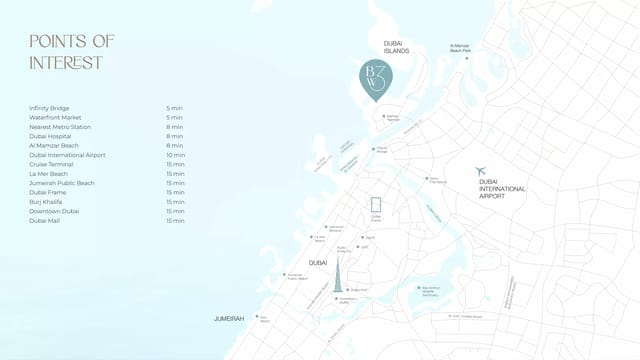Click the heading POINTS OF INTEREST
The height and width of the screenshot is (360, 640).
point(72,51)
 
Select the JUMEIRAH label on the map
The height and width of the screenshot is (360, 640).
point(229,318)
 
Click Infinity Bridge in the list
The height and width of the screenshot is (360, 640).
point(49,108)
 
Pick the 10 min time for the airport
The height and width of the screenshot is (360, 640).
point(175,155)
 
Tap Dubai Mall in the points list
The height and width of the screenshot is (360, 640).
point(45,221)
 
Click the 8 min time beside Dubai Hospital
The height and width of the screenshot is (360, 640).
point(175,136)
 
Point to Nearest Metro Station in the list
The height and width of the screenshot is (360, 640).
point(60,127)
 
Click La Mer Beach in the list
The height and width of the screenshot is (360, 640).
point(48,174)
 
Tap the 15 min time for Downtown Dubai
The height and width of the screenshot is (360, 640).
point(175,211)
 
